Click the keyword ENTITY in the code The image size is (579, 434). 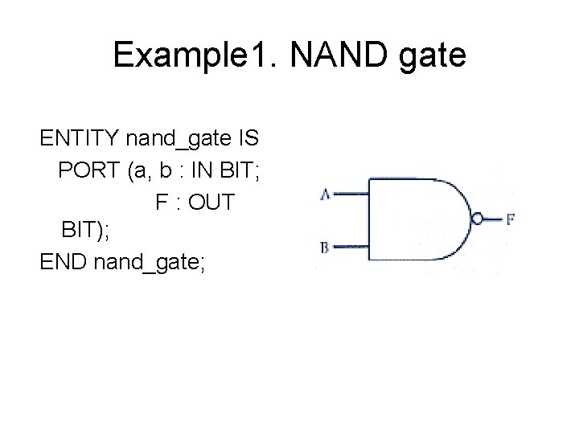point(80,139)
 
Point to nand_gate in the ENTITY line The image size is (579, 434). point(175,141)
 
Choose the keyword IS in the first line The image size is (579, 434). point(246,139)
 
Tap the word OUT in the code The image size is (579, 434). point(214,202)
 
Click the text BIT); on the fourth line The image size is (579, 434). point(85,232)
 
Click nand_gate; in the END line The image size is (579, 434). point(151,264)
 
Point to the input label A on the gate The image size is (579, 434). point(325,194)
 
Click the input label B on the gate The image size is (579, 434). point(325,248)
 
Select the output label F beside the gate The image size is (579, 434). point(511,219)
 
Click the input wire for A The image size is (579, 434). point(351,194)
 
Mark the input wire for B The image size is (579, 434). point(351,246)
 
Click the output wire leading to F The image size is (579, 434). point(493,219)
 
